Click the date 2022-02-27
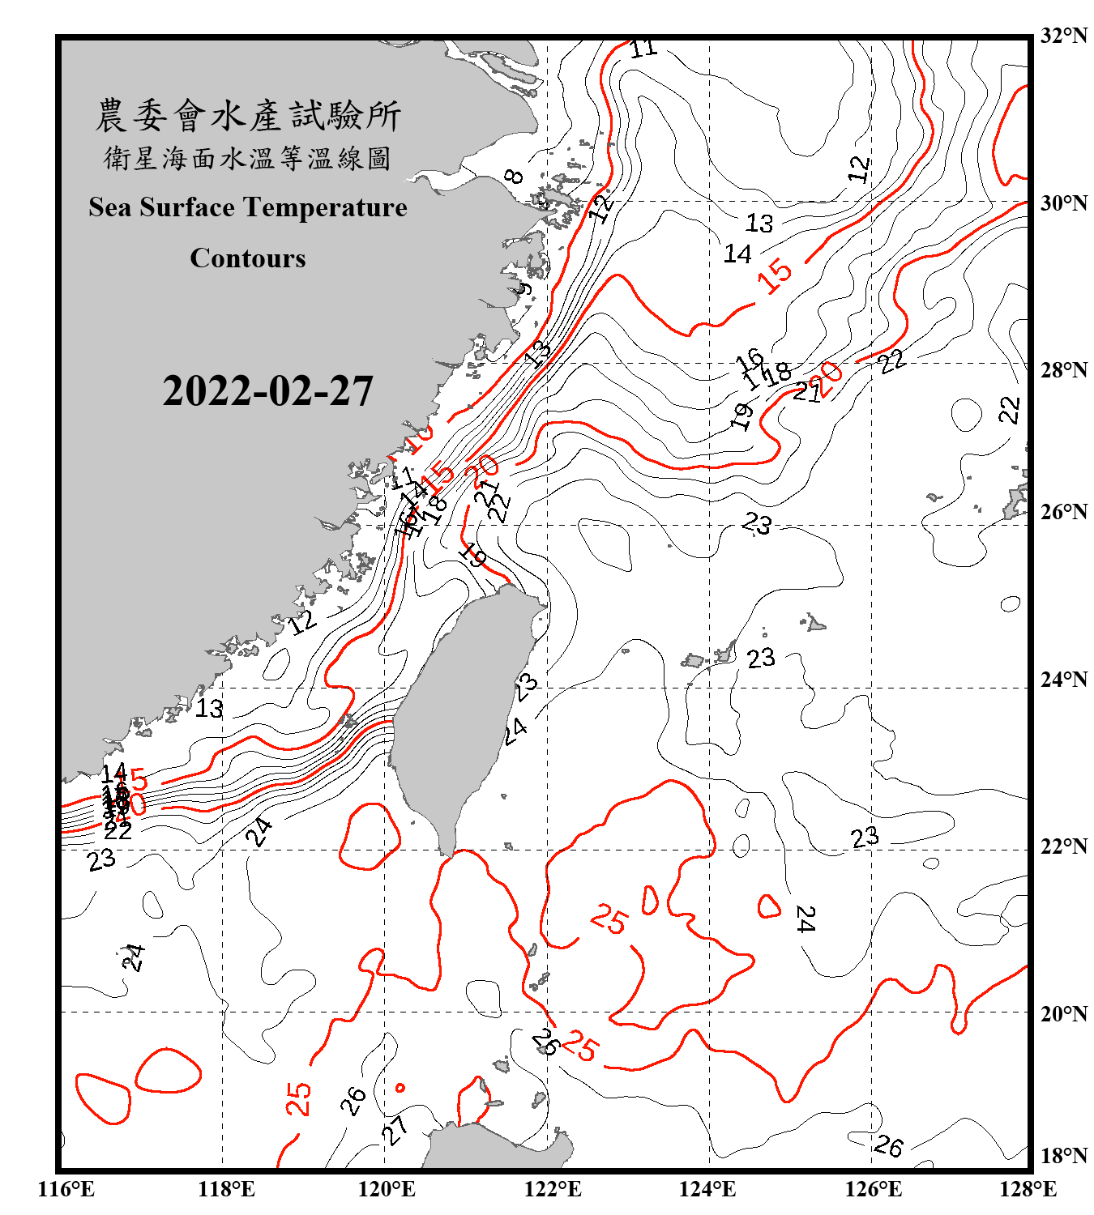267,391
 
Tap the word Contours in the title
248,258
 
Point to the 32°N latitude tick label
1063,35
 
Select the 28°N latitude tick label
1063,370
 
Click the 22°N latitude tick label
1063,846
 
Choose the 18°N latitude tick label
1063,1156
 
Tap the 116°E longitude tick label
66,1189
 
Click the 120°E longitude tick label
387,1189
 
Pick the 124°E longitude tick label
707,1189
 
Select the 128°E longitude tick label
1028,1189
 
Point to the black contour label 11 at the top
644,49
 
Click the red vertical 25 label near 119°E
298,1098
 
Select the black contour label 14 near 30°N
737,254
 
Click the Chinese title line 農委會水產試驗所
248,116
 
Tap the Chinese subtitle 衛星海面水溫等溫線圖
248,158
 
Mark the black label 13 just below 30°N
759,223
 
